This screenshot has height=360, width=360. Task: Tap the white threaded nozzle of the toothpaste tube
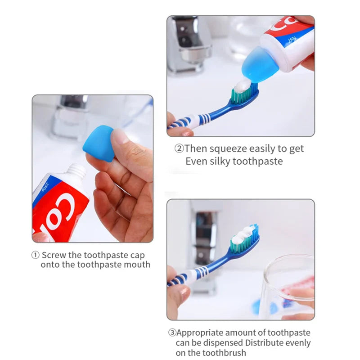pyautogui.click(x=77, y=171)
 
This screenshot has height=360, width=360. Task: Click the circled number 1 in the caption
pyautogui.click(x=35, y=255)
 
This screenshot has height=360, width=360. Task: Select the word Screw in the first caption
pyautogui.click(x=54, y=255)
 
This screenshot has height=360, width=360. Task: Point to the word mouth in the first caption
pyautogui.click(x=137, y=265)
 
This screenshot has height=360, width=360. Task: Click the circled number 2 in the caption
pyautogui.click(x=179, y=148)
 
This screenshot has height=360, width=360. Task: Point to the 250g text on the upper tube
pyautogui.click(x=292, y=40)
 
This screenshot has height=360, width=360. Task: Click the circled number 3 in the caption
pyautogui.click(x=172, y=333)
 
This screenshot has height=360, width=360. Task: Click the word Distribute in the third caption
pyautogui.click(x=264, y=342)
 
